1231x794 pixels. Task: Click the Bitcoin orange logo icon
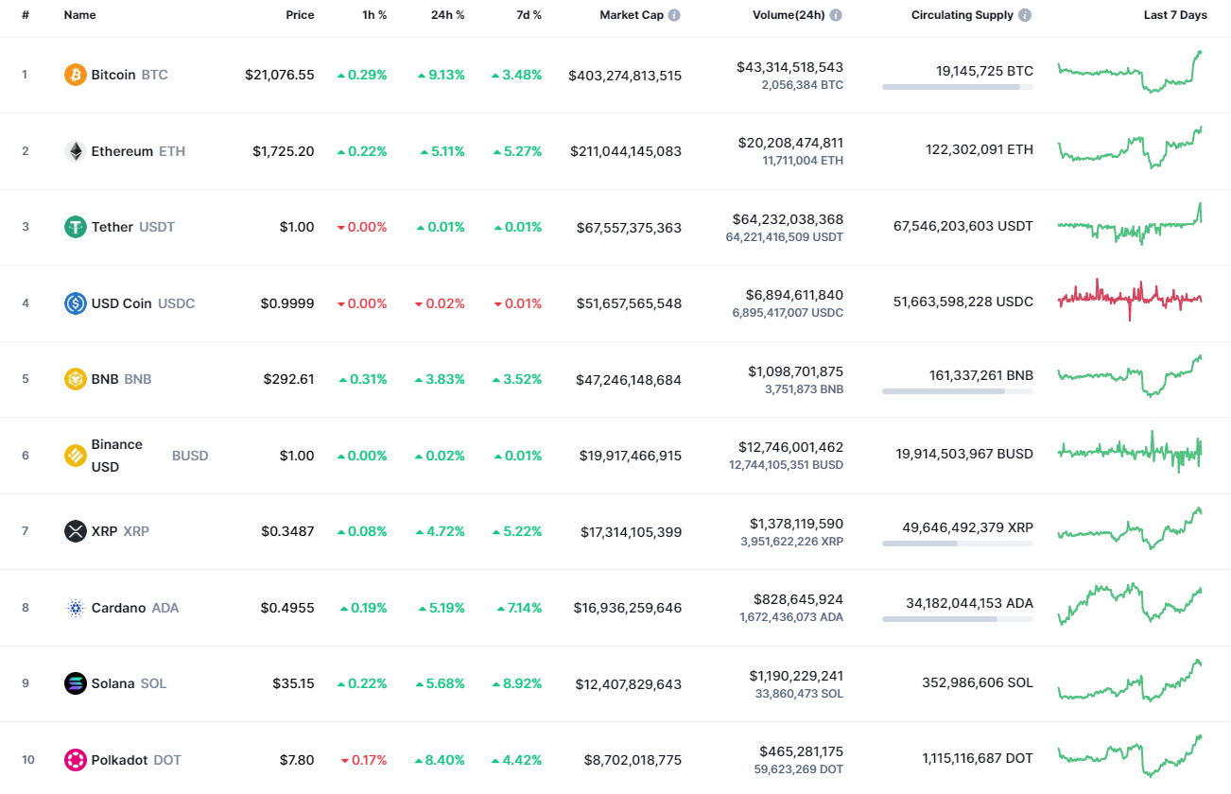(75, 75)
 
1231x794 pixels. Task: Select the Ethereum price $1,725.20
(283, 151)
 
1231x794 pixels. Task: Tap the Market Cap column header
(632, 15)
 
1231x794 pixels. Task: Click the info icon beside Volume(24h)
(836, 16)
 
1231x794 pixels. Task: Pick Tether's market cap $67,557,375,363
(629, 228)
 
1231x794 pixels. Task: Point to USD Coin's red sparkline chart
(1130, 299)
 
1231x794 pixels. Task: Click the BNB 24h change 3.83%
(441, 379)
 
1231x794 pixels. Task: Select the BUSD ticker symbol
(190, 456)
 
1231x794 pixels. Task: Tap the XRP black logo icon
(75, 531)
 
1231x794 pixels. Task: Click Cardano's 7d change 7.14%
(519, 608)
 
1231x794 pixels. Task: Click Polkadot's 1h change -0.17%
(363, 760)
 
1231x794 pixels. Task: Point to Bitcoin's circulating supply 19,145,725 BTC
(984, 71)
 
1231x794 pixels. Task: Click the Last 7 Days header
(1175, 15)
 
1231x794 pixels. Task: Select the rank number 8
(26, 608)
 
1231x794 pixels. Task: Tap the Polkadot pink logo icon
(75, 760)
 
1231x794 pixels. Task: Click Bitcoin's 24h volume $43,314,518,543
(789, 67)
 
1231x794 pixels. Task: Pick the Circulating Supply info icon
(1025, 16)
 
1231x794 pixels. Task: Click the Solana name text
(113, 683)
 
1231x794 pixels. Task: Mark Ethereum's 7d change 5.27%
(517, 151)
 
